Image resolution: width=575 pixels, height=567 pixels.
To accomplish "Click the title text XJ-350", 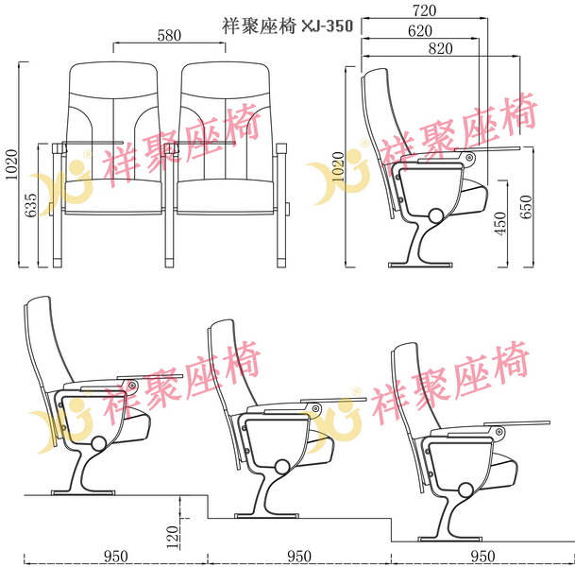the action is (x=327, y=26).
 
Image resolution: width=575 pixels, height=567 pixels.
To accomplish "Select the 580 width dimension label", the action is (x=169, y=36).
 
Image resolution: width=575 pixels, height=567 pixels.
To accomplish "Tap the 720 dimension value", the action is (x=425, y=10).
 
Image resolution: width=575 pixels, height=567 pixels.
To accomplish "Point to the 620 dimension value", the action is (x=420, y=31).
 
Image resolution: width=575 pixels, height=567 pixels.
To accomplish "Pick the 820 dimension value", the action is (x=440, y=48).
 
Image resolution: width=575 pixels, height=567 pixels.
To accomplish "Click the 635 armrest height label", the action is (x=31, y=205).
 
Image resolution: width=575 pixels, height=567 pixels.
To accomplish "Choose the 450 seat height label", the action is (x=499, y=223).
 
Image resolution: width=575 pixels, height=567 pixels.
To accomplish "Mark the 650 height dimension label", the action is (x=526, y=207).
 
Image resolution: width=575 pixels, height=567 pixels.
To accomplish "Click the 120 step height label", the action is (x=173, y=537).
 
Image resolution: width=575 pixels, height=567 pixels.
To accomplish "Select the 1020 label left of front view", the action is (x=11, y=164).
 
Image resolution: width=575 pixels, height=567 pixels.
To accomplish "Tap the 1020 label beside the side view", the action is (x=338, y=166).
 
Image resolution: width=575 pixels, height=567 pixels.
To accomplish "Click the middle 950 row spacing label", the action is (x=299, y=557).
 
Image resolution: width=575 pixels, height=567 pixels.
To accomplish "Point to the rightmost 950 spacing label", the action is (x=482, y=557).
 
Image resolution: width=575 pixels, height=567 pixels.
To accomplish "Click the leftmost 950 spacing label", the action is (x=116, y=557).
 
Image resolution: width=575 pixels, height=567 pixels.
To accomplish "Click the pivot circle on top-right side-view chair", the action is (x=435, y=215).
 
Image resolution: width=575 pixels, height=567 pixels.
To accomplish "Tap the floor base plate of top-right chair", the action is (x=420, y=265).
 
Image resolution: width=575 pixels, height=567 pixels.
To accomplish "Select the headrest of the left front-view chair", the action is (x=113, y=79).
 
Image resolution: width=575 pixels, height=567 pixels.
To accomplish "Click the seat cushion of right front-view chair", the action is (x=225, y=197).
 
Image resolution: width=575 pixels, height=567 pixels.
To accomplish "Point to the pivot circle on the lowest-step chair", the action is (x=465, y=490).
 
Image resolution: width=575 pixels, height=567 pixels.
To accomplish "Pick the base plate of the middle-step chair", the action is (x=266, y=516).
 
